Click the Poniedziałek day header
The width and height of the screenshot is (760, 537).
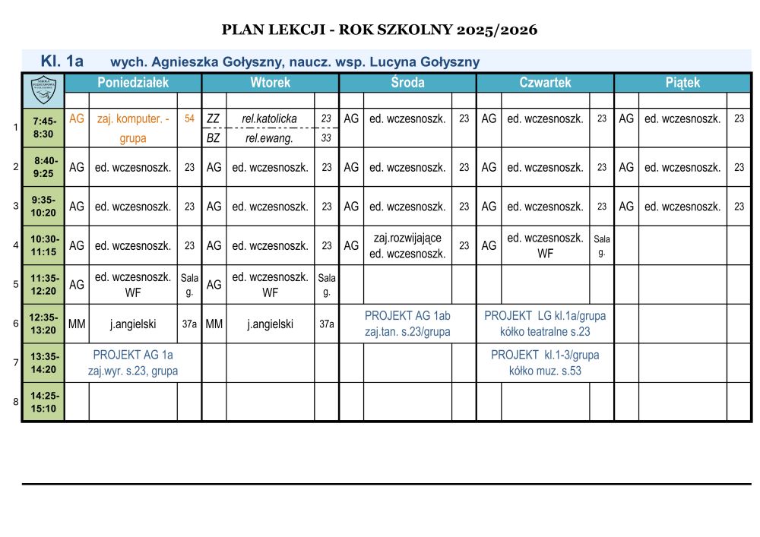[133, 83]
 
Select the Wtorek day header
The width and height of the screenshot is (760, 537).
[270, 83]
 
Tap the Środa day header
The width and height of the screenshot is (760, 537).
[407, 83]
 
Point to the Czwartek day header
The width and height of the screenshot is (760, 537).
[545, 83]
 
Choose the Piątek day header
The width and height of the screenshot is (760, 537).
[682, 83]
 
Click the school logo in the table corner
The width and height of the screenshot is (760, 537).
[43, 90]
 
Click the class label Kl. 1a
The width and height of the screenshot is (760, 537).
[62, 61]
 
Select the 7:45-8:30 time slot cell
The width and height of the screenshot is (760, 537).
[44, 128]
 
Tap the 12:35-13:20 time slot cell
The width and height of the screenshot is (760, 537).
[43, 324]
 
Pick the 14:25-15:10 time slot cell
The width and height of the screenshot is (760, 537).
[43, 402]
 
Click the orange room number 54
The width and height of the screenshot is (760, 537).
[189, 118]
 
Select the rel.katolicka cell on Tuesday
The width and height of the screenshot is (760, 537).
[269, 118]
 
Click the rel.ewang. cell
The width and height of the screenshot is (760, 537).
[269, 138]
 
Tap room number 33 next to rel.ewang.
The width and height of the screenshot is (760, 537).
[326, 138]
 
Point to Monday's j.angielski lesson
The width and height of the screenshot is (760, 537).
[133, 324]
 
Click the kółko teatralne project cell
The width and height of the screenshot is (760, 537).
[545, 324]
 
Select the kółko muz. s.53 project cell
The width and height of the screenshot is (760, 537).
[545, 363]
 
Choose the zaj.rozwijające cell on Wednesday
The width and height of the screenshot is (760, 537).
[407, 246]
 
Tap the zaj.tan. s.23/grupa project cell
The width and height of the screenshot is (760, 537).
[407, 324]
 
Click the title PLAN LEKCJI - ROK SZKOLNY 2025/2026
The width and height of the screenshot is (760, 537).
[379, 30]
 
